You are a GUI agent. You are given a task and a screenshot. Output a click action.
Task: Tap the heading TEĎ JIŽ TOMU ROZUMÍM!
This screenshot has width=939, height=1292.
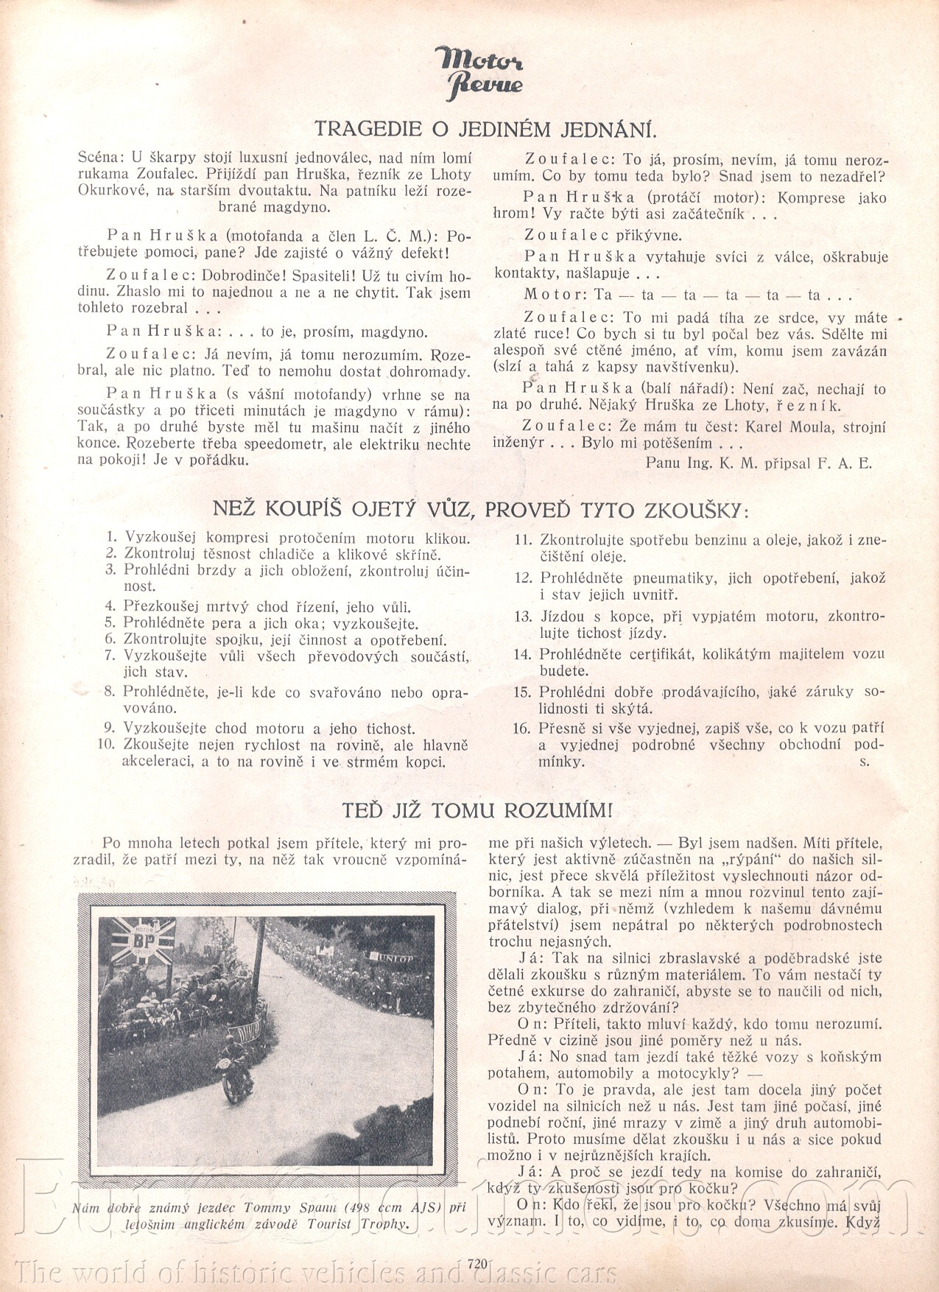(x=476, y=810)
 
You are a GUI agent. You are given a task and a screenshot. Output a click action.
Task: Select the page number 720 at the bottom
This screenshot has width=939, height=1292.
(x=478, y=1263)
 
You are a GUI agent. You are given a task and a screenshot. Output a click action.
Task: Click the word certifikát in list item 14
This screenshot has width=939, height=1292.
(x=659, y=654)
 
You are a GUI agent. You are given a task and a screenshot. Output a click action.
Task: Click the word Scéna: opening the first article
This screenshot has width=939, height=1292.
(x=101, y=158)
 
